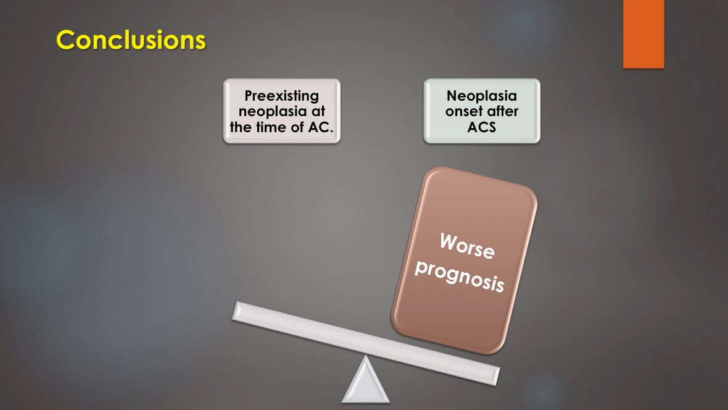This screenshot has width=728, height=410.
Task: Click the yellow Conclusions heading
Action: point(131,40)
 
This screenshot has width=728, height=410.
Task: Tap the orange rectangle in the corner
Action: point(643,34)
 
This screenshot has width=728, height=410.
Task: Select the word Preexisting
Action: point(281,96)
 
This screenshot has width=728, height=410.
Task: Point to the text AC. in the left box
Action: point(321,127)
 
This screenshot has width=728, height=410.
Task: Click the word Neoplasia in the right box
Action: point(481,96)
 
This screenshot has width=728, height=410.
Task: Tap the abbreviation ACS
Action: point(481,127)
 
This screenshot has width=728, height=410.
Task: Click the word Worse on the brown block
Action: point(467,246)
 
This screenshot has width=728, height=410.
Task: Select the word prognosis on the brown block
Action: point(459,276)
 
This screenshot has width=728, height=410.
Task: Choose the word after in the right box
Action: point(503,112)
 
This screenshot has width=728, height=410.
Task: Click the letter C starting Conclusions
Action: point(66,40)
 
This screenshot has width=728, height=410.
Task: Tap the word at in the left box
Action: point(315,112)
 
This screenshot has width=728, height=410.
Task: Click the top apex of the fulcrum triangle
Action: point(365,356)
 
